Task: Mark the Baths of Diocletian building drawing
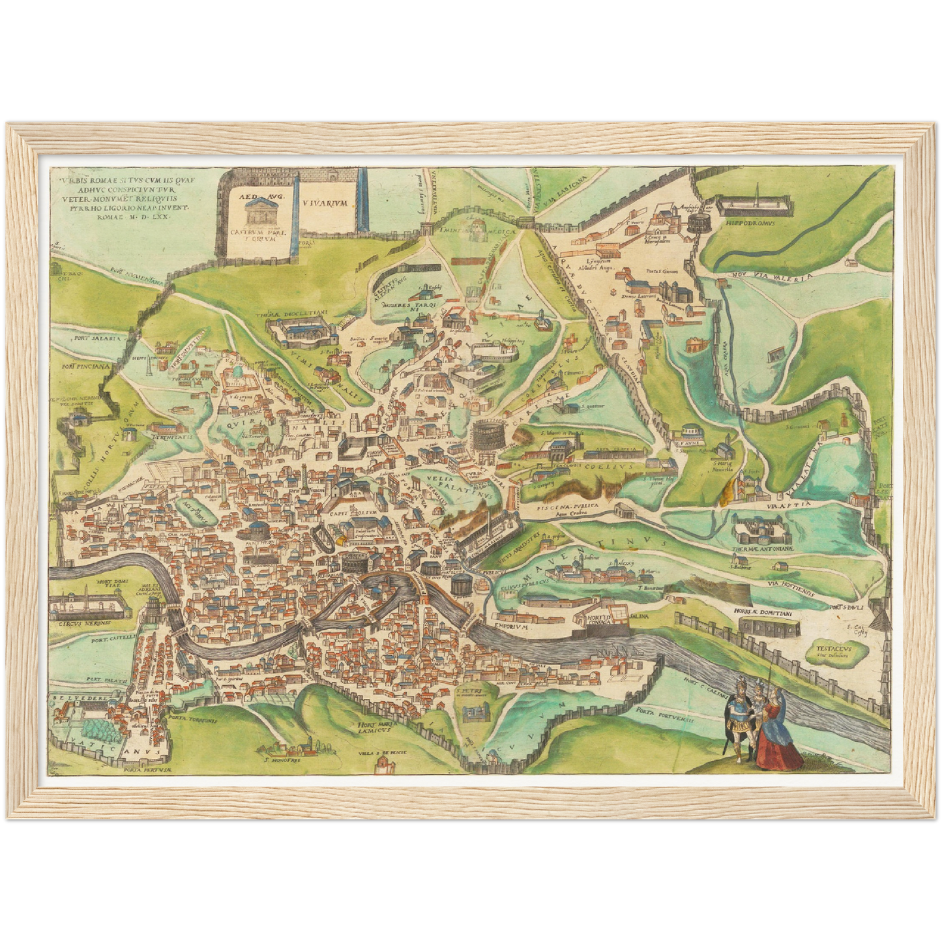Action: pos(302,332)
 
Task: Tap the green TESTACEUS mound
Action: pos(829,653)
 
